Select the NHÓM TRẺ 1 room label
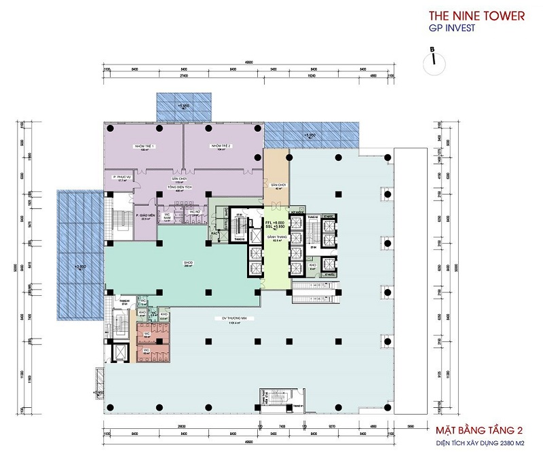click(144, 147)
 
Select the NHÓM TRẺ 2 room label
click(222, 147)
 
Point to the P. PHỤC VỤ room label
click(122, 178)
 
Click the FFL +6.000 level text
click(274, 223)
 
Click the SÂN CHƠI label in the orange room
click(276, 185)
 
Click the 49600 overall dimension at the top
click(248, 62)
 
